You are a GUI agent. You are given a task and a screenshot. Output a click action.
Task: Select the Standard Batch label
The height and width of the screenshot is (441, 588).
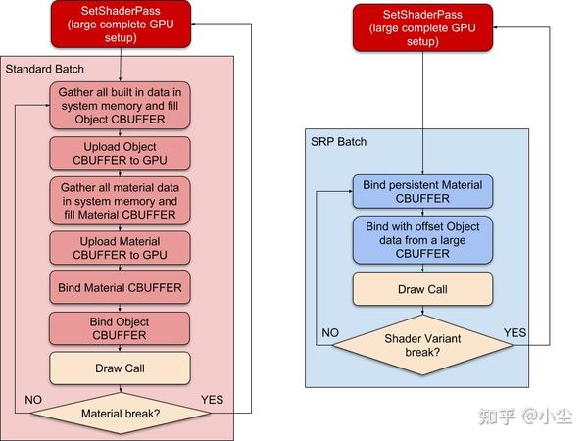(x=45, y=69)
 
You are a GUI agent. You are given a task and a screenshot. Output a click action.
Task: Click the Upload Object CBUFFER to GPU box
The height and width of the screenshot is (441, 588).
(x=120, y=153)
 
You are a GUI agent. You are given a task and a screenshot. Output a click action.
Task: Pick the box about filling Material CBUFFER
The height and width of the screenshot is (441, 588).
(x=120, y=200)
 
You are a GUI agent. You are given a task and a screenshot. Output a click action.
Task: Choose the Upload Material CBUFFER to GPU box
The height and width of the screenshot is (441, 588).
(x=120, y=247)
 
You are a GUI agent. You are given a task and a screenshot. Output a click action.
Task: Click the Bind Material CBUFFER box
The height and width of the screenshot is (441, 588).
(x=120, y=287)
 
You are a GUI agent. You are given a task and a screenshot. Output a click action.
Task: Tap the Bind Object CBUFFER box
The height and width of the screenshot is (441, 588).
(x=120, y=328)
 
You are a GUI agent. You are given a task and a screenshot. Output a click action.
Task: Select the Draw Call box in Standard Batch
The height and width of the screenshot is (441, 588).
(x=120, y=368)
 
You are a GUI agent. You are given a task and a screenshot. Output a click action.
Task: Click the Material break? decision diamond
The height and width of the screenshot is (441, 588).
(x=120, y=413)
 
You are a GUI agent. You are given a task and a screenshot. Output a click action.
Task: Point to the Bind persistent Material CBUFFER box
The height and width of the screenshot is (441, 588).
(x=423, y=191)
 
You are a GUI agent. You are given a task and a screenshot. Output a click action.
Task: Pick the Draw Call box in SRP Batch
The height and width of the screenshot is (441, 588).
(x=423, y=290)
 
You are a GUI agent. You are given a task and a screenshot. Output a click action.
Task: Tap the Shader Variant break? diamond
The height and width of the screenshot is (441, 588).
(x=423, y=344)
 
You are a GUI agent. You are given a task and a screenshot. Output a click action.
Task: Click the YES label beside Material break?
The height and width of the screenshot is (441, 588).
(x=213, y=400)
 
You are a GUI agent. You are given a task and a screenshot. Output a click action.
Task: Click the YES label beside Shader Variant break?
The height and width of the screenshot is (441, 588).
(x=514, y=332)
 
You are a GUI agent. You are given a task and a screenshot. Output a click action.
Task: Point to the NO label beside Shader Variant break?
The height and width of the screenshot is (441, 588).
(x=329, y=332)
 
